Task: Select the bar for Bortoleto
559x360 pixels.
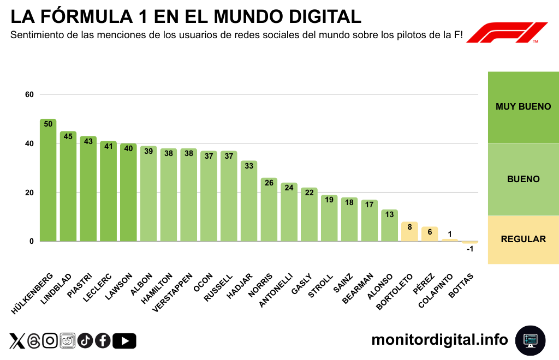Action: point(409,232)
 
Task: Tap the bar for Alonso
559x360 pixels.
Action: point(389,225)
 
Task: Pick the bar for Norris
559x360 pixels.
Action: point(269,209)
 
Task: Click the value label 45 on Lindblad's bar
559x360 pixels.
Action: point(68,136)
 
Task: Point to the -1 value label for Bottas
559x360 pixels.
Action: point(469,249)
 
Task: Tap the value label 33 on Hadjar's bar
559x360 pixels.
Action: point(249,166)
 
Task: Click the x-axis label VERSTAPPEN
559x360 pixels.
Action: point(174,291)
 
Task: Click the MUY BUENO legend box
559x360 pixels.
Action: point(523,107)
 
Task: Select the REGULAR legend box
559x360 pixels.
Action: point(523,239)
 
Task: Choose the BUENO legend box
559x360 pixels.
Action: point(523,179)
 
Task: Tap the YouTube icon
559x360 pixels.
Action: point(124,341)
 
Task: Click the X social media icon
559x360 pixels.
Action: point(17,341)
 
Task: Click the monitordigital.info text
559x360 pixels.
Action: point(439,340)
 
